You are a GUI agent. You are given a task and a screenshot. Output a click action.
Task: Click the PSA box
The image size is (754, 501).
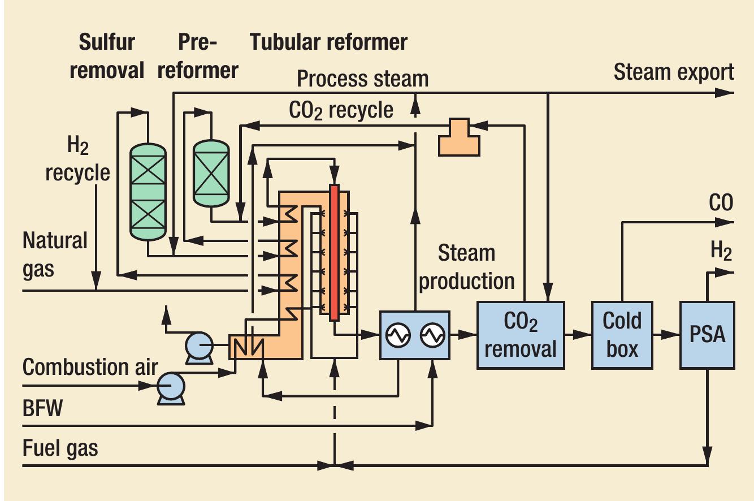click(x=707, y=334)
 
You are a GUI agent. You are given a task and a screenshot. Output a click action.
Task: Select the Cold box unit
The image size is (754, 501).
click(x=622, y=334)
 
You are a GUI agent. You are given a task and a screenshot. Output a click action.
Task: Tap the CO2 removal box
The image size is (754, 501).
click(x=520, y=335)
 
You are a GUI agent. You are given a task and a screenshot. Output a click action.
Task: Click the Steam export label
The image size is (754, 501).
click(x=673, y=72)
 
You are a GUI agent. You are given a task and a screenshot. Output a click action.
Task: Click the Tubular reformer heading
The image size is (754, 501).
click(x=328, y=42)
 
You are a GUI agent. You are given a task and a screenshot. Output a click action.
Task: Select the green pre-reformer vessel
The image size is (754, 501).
click(x=211, y=172)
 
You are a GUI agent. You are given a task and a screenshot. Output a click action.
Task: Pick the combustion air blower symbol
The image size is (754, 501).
click(x=170, y=387)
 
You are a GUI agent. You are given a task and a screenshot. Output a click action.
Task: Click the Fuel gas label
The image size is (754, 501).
click(x=60, y=448)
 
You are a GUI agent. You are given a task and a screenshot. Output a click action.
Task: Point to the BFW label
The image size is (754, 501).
click(x=42, y=408)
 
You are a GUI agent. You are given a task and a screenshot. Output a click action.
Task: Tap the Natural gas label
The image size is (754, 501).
click(x=55, y=254)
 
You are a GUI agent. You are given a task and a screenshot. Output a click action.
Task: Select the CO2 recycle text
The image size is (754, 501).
click(x=341, y=110)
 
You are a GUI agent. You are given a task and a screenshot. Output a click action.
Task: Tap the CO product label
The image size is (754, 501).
click(x=721, y=203)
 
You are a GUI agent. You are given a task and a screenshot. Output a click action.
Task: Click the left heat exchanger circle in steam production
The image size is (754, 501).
click(x=398, y=335)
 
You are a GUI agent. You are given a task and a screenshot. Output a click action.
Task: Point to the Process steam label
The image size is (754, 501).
click(x=362, y=79)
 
